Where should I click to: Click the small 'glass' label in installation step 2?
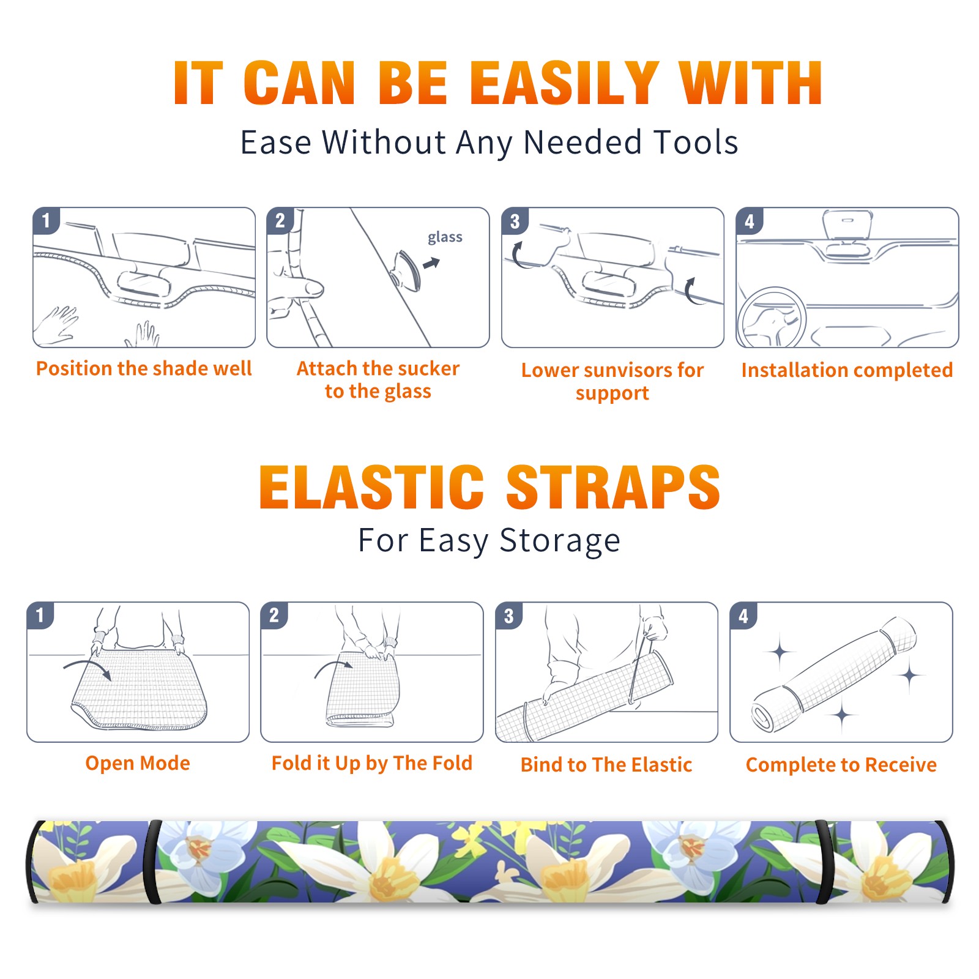pyautogui.click(x=445, y=237)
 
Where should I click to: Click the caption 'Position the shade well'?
pyautogui.click(x=144, y=368)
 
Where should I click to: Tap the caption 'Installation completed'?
pyautogui.click(x=847, y=370)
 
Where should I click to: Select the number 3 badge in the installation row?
pyautogui.click(x=515, y=221)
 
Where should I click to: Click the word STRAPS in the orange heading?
pyautogui.click(x=613, y=487)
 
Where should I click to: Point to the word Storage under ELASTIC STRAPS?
pyautogui.click(x=560, y=542)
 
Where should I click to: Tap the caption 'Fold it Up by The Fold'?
pyautogui.click(x=372, y=764)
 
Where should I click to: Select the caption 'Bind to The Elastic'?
pyautogui.click(x=606, y=765)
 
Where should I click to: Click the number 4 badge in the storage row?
pyautogui.click(x=743, y=616)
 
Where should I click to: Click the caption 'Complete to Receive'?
pyautogui.click(x=841, y=765)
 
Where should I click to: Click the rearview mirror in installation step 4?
pyautogui.click(x=847, y=225)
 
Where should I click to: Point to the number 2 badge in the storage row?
pyautogui.click(x=274, y=616)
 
